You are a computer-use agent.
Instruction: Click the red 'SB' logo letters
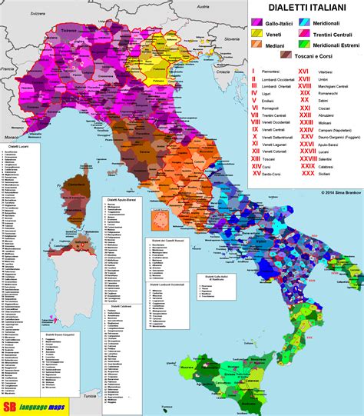point(12,405)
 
